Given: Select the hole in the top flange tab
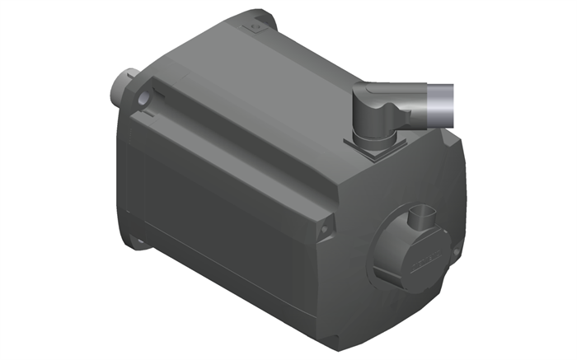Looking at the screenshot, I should coord(255,27).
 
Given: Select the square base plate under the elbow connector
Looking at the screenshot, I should coord(375,148).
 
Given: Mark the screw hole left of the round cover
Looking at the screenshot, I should coord(327,223).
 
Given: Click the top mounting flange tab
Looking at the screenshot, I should coord(256,25).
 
